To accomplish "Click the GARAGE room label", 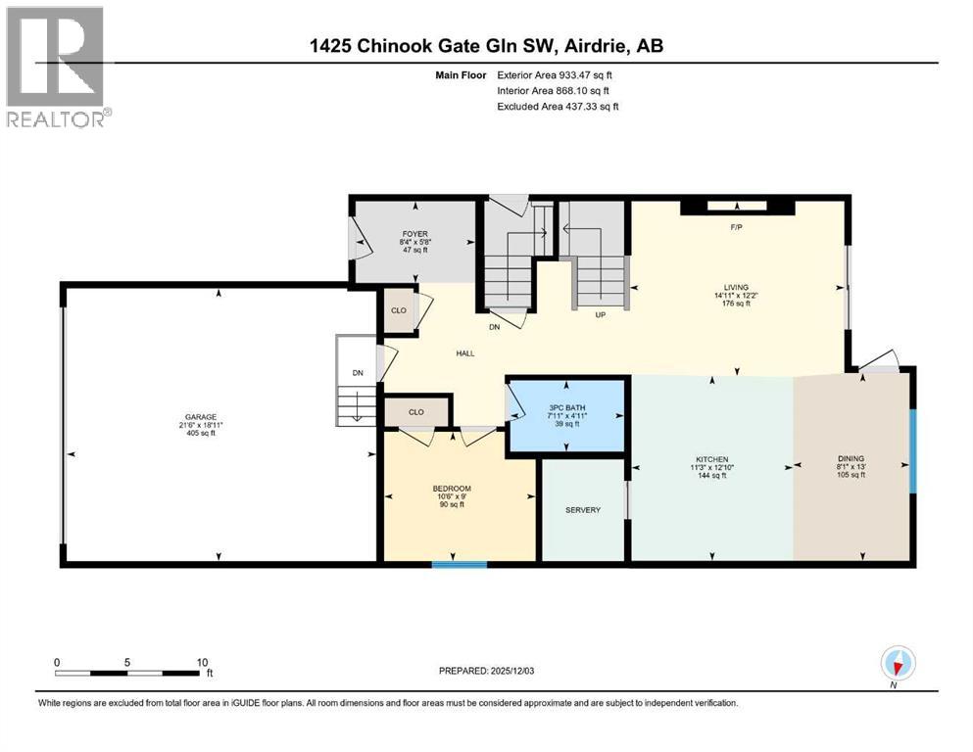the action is click(x=201, y=417).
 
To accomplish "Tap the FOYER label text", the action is click(x=415, y=234).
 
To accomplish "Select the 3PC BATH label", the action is click(x=567, y=408).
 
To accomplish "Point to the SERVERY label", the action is click(x=583, y=509).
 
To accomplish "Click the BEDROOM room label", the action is click(x=452, y=489).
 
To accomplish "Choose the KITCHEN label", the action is click(x=711, y=459).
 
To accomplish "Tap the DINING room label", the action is click(x=851, y=459).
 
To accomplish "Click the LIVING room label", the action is click(x=736, y=287).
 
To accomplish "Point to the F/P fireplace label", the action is click(x=736, y=227).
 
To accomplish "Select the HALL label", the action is click(x=465, y=353).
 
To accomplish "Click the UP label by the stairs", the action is click(x=600, y=315).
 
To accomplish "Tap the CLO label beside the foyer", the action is click(x=399, y=310).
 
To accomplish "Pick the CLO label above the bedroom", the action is click(x=416, y=411).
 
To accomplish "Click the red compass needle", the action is click(x=898, y=667).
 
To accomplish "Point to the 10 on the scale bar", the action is click(x=202, y=662).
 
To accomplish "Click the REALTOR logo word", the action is click(x=56, y=119).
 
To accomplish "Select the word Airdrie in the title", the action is click(x=595, y=46).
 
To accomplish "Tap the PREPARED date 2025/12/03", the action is click(x=511, y=671).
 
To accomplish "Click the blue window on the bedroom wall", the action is click(x=460, y=564).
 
